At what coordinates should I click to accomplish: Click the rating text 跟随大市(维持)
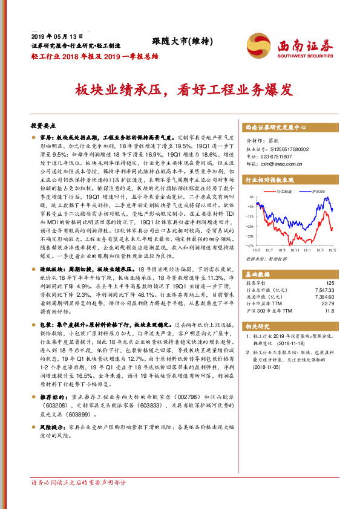[x=182, y=41]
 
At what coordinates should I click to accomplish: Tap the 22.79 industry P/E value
[x=327, y=303]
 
